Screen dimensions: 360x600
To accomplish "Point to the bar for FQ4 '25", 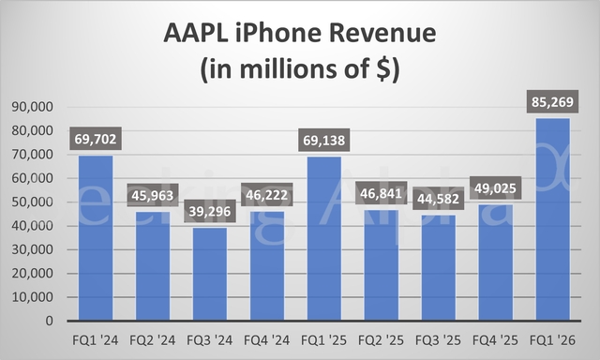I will point(495,262).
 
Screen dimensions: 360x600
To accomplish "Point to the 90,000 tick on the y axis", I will point(34,107).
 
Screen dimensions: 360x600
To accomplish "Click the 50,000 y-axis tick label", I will point(34,202).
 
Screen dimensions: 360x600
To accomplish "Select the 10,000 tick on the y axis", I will point(34,296).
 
